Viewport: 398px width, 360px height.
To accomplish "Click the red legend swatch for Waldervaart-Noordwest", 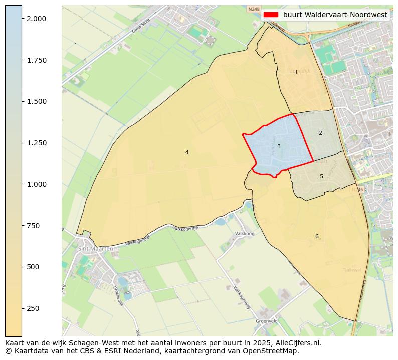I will click(271, 15).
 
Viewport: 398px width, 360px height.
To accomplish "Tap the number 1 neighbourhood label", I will click(296, 72).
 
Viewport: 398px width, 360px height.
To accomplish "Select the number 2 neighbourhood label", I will click(320, 133).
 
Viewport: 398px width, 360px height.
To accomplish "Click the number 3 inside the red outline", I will click(279, 146).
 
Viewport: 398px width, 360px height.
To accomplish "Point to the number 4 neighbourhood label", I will click(187, 152).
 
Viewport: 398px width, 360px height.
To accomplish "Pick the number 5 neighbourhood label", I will click(321, 176).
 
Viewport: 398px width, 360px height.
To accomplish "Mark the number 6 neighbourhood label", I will click(317, 236).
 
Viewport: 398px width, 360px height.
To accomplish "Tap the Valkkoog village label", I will click(245, 234).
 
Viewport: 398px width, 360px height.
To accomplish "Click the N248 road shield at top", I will click(254, 9).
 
